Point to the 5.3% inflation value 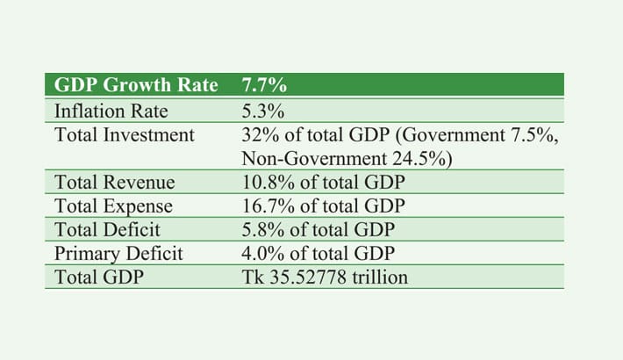pos(261,112)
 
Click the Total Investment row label pos(124,134)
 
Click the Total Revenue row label pos(114,183)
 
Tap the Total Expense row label pos(113,206)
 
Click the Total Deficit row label pos(110,230)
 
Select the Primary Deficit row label pos(118,254)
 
